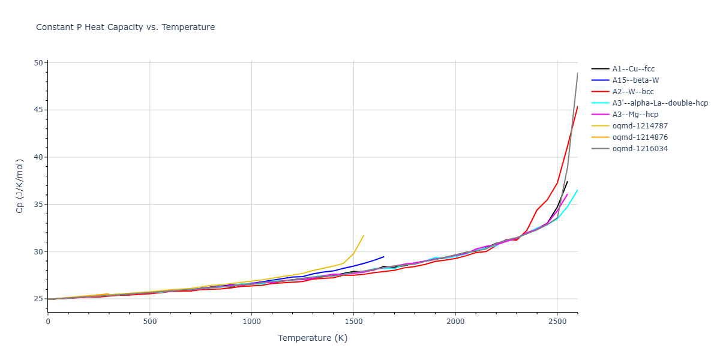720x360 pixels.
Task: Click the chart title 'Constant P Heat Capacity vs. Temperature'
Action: [125, 27]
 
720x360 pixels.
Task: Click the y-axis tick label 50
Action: [39, 63]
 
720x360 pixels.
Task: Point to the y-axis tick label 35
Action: [39, 205]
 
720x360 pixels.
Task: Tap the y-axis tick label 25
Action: [39, 299]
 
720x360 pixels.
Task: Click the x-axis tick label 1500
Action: [353, 322]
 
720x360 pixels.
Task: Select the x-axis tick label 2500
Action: [557, 322]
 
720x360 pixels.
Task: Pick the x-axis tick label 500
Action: [149, 322]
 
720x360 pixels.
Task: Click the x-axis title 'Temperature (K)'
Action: [313, 338]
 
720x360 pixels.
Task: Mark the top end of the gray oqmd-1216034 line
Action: [578, 73]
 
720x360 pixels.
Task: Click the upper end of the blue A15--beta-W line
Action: [384, 257]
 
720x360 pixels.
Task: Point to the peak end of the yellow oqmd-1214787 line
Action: [364, 235]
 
